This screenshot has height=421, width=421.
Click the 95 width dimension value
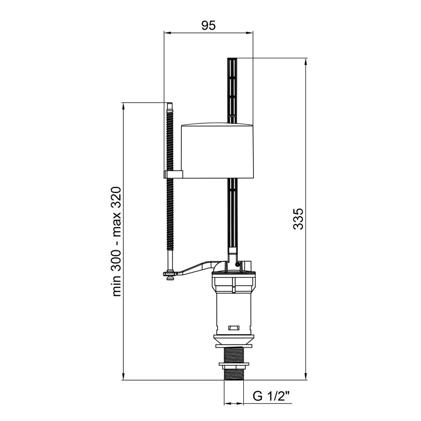tap(208, 25)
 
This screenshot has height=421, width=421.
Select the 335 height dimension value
tap(298, 218)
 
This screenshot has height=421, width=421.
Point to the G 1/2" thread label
tap(271, 396)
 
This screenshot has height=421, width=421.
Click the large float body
tap(217, 150)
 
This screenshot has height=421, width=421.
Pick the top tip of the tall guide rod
tap(232, 58)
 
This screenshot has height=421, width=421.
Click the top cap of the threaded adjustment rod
tap(169, 105)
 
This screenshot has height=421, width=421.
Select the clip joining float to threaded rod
tap(173, 174)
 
